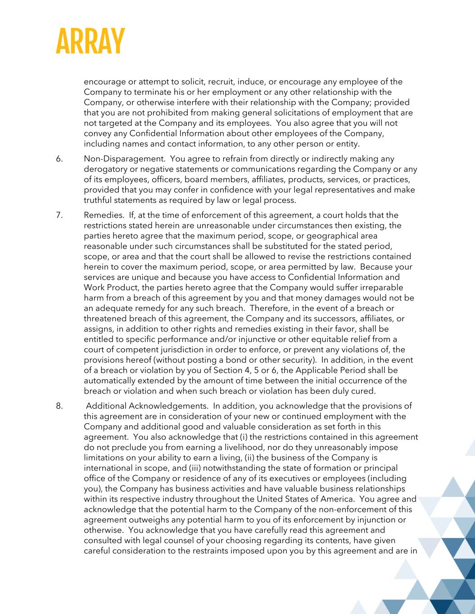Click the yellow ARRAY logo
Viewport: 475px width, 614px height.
tap(90, 42)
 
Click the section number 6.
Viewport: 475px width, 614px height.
tap(59, 159)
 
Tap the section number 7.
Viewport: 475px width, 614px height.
tap(59, 215)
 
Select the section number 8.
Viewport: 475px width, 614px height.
tap(59, 406)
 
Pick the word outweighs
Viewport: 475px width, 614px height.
tap(149, 520)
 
